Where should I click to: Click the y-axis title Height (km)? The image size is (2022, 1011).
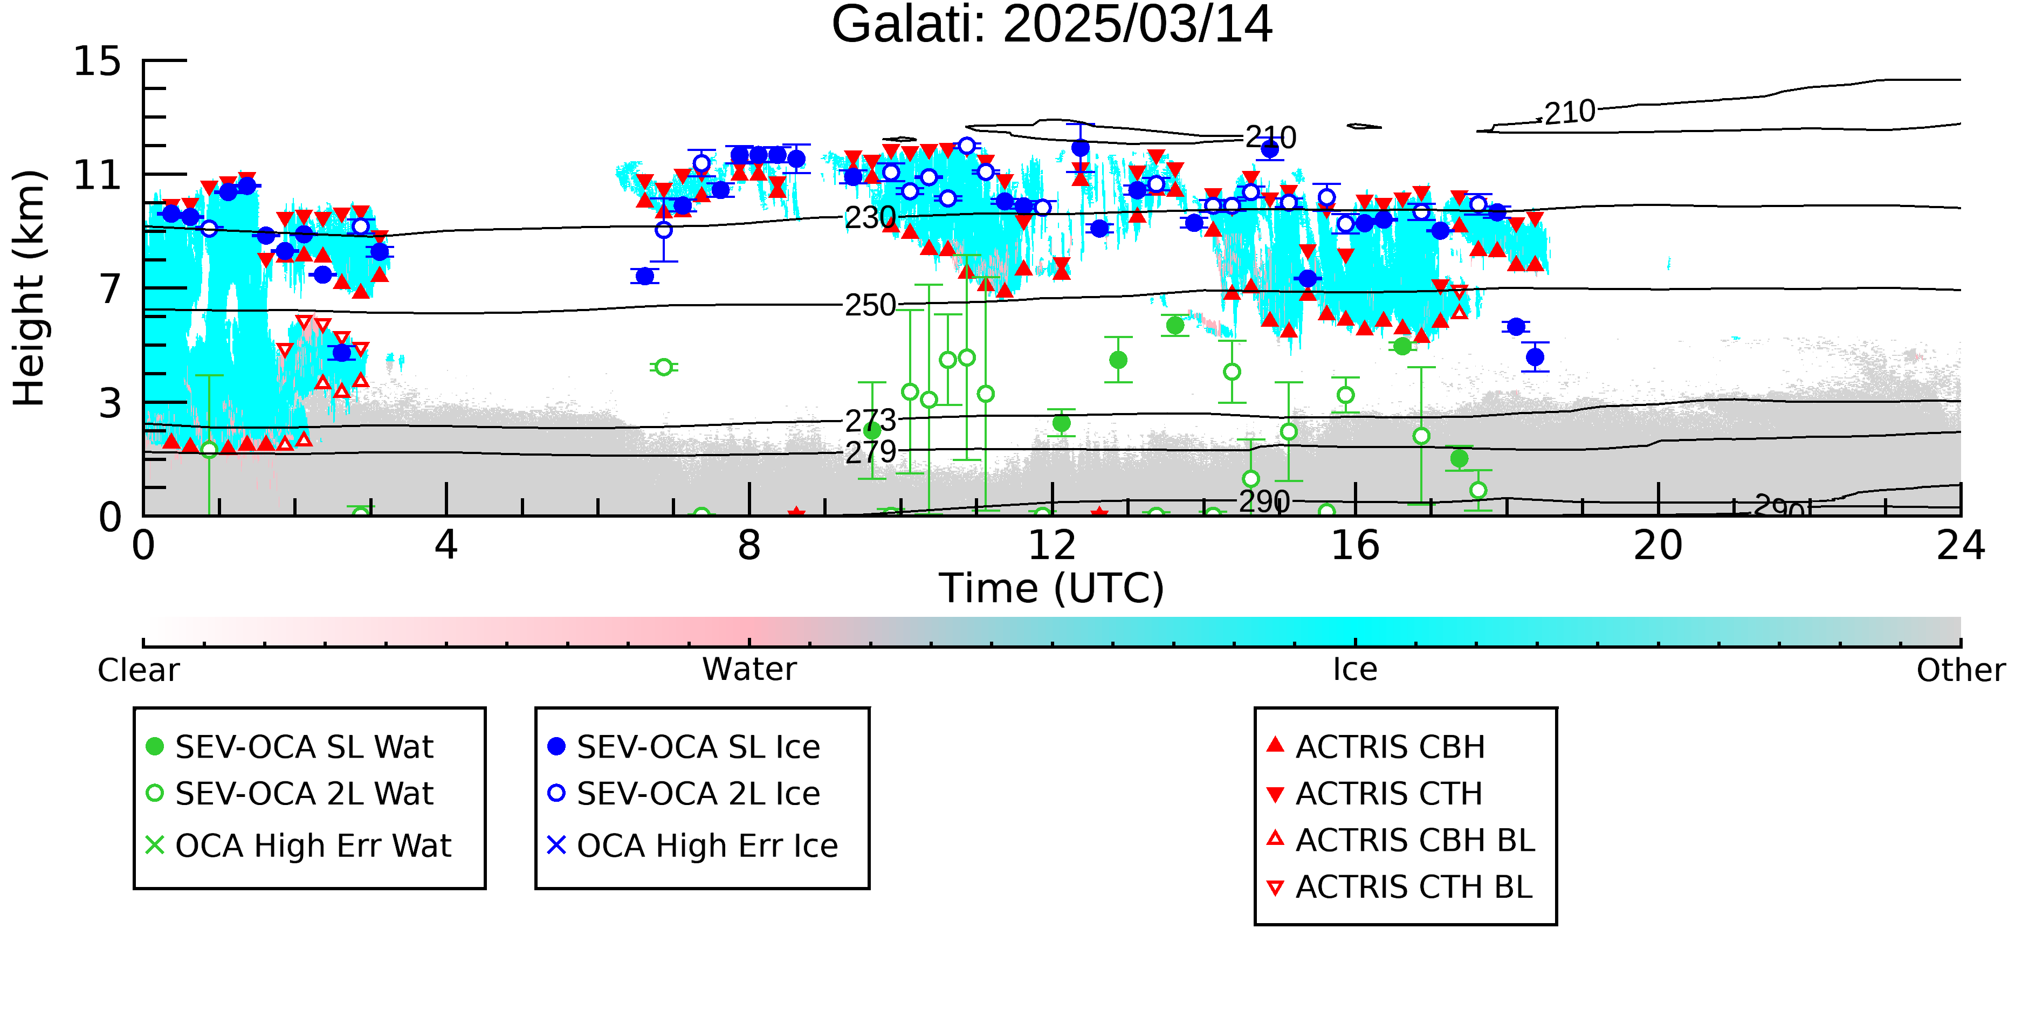[29, 288]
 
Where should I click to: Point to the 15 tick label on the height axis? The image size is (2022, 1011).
[98, 61]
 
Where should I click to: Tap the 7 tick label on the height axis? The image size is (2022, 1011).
[111, 289]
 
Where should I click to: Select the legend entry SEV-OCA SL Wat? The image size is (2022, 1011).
[291, 746]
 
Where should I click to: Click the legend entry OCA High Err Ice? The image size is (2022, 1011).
[693, 845]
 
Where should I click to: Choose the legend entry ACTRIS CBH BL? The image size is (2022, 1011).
[1401, 840]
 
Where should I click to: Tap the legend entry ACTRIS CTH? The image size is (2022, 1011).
[1375, 794]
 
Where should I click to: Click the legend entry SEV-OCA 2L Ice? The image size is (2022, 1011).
[684, 794]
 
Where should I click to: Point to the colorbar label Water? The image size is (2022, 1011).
[749, 670]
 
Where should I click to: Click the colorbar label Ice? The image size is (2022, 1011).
[1355, 670]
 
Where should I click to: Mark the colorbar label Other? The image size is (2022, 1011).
[1961, 670]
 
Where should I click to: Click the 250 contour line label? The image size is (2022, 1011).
[870, 305]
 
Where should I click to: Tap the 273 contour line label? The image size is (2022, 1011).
[870, 421]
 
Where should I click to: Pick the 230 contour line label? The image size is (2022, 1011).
[870, 217]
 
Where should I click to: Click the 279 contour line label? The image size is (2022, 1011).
[870, 452]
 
